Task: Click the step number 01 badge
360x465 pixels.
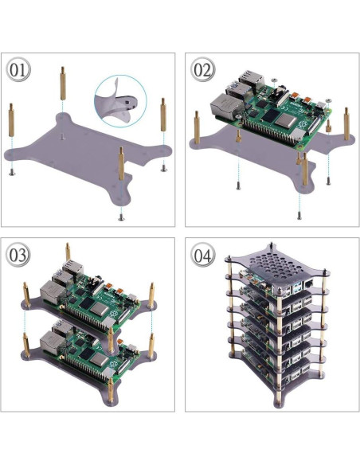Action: tap(19, 70)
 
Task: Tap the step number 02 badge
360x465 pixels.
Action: tap(203, 70)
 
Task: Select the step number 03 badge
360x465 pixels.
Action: tap(19, 256)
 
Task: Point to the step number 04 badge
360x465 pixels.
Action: tap(203, 256)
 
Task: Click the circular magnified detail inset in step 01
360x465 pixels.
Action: tap(123, 101)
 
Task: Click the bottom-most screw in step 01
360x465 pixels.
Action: tap(120, 214)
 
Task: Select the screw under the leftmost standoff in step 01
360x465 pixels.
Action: tap(12, 170)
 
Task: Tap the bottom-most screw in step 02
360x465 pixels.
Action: tap(299, 217)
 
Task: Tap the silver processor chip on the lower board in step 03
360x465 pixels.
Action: tap(99, 361)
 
